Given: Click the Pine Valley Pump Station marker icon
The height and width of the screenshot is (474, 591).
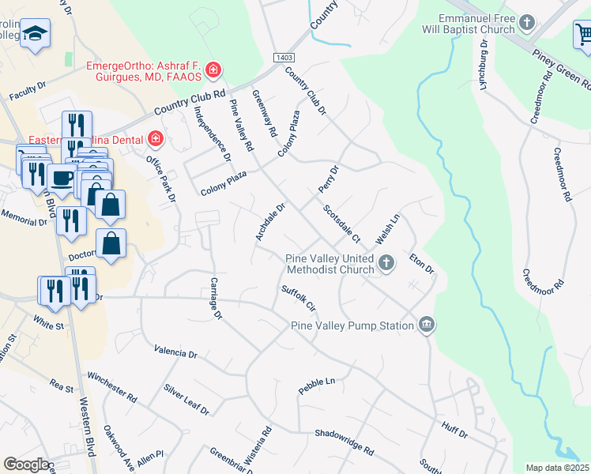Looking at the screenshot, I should (x=427, y=325).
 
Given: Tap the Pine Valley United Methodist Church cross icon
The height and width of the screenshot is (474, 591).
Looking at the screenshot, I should (x=386, y=262).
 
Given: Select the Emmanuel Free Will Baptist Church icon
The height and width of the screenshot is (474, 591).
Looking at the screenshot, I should (x=529, y=23).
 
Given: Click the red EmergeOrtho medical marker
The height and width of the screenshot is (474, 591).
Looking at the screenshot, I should (x=213, y=71).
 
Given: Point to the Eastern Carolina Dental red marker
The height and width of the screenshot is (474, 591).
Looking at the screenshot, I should (x=156, y=141).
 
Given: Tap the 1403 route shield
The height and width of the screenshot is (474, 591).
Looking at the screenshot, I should (x=284, y=58).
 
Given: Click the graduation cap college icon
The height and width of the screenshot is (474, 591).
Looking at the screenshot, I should (x=34, y=34).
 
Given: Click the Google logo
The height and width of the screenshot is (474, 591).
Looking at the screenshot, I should (x=25, y=465).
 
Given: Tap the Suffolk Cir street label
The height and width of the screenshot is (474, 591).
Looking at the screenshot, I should (x=299, y=298).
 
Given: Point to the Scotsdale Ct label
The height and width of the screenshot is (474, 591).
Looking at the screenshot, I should (x=341, y=224).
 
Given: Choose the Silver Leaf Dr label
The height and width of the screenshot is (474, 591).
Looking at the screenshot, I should (x=186, y=401).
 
